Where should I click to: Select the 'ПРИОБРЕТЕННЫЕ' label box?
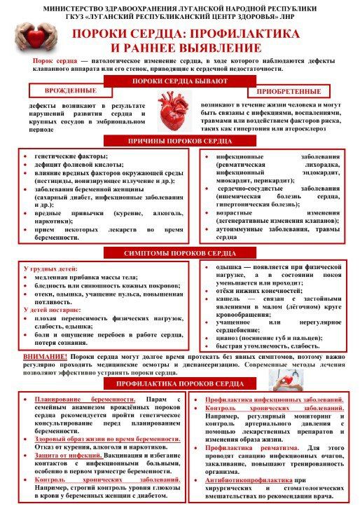(291, 92)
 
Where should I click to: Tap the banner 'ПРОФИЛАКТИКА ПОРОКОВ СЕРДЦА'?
(179, 384)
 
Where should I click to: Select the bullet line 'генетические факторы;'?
(71, 156)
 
